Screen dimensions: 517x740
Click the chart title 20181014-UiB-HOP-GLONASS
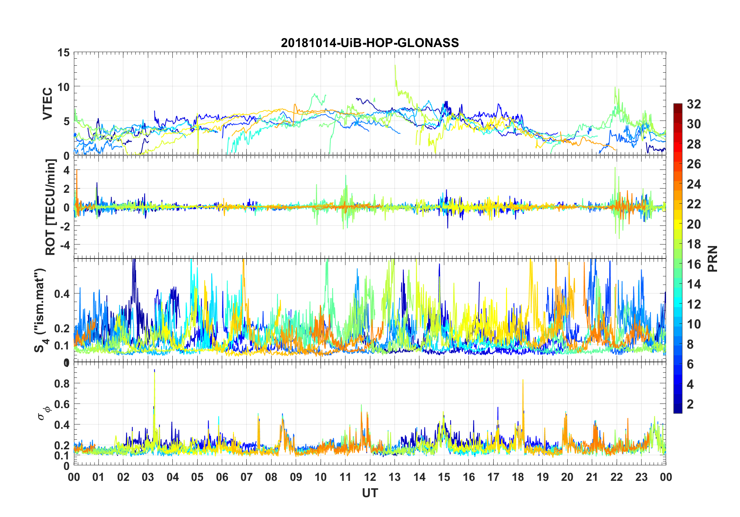pos(370,43)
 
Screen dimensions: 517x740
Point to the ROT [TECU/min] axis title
pos(51,207)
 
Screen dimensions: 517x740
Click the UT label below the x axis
pos(370,493)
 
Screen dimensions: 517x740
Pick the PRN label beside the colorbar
pos(712,258)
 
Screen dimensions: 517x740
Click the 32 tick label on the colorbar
pos(694,104)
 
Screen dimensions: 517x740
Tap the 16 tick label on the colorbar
pos(694,264)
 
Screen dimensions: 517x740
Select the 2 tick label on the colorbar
pos(690,404)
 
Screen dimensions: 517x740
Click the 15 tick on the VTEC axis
pos(64,52)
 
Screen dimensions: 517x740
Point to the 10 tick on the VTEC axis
pos(64,87)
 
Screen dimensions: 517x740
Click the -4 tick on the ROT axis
pos(64,245)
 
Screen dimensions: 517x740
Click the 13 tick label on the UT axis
pos(395,477)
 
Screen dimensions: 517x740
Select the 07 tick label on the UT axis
pos(247,477)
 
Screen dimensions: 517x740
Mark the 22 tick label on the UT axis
pos(617,477)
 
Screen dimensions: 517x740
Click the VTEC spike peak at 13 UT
pos(395,65)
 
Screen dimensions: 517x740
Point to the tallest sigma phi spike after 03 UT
pos(154,370)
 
